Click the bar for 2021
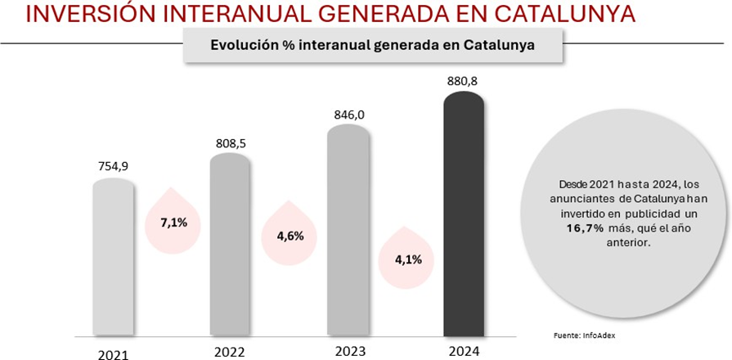[x=113, y=258]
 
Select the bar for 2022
[x=230, y=245]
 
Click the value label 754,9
[x=113, y=166]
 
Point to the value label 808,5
[x=231, y=143]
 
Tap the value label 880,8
[x=464, y=82]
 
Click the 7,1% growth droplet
[x=173, y=221]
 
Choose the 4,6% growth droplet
[x=290, y=236]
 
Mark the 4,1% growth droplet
[x=406, y=259]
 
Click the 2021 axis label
[x=113, y=354]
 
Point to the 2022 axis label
[x=230, y=352]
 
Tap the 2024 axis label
[x=464, y=352]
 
